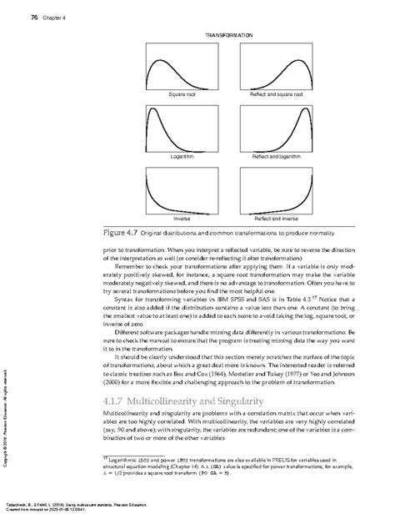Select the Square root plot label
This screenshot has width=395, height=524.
[x=182, y=95]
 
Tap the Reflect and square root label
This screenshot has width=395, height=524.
[x=268, y=95]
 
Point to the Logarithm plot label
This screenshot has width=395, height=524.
[x=182, y=156]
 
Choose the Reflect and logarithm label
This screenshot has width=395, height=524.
[x=268, y=156]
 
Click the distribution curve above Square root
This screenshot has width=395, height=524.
[x=182, y=64]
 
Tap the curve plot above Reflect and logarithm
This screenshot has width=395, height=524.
[x=268, y=126]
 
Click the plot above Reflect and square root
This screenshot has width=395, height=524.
[x=268, y=64]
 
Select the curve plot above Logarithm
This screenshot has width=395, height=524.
[x=182, y=126]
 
